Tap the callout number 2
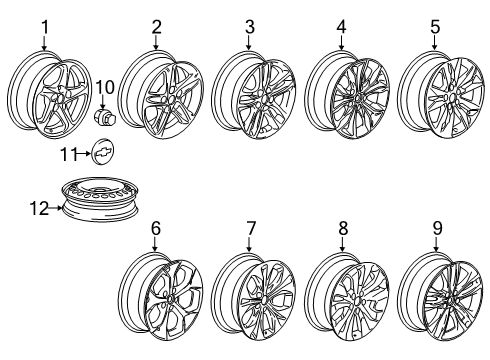coord(156,25)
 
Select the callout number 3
coord(250,26)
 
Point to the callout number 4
coord(342,25)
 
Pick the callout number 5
coord(435,25)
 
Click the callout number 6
coord(156,229)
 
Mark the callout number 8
coord(342,229)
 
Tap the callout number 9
coord(435,229)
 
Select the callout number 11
coord(66,155)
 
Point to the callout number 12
coord(37,207)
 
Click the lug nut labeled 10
coord(104,118)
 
